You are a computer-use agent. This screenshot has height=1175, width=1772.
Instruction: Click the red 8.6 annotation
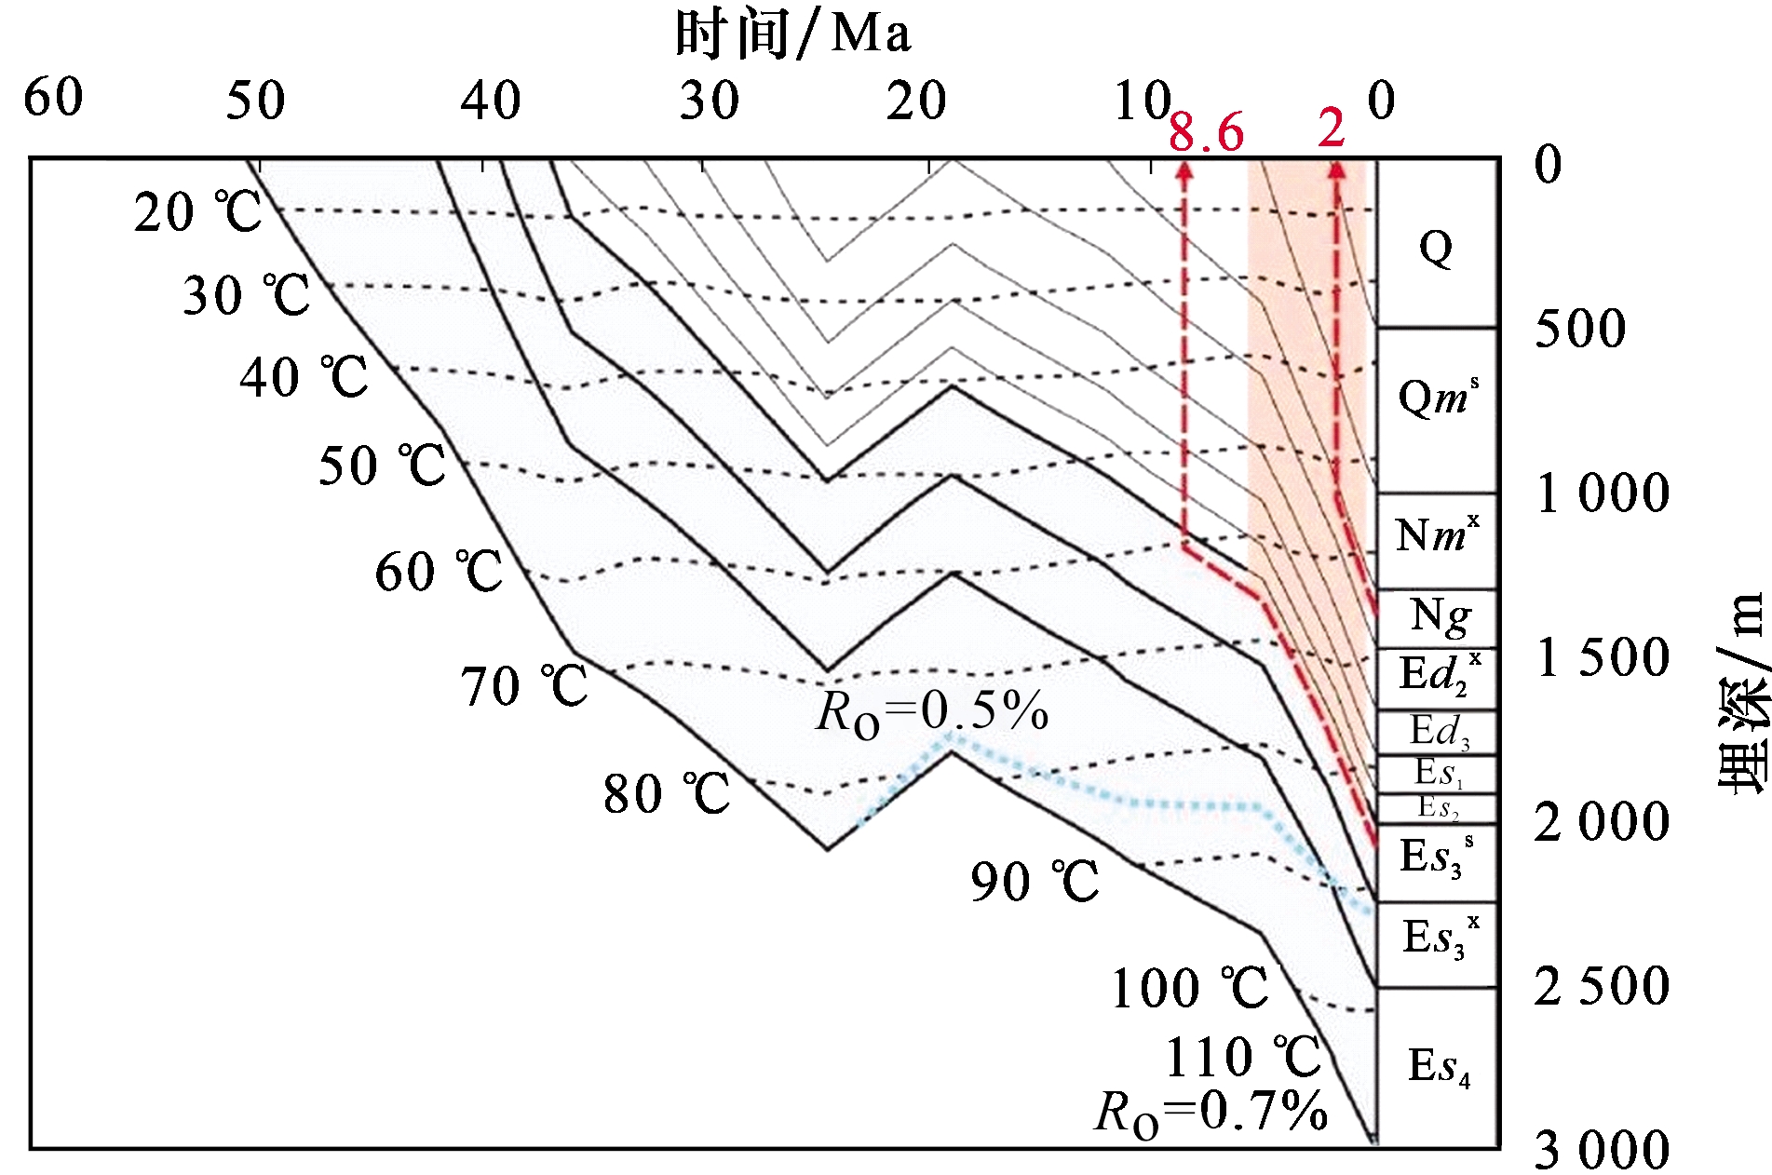click(x=1206, y=132)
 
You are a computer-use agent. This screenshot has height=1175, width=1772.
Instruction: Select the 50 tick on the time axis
click(x=255, y=101)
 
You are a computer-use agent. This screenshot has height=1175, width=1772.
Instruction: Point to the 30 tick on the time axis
click(x=709, y=101)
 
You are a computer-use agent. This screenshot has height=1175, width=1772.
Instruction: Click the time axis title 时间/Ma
click(x=792, y=35)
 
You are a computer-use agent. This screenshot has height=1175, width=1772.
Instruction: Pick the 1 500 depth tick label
click(x=1602, y=657)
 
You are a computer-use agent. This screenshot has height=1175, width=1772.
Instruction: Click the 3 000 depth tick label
click(x=1602, y=1150)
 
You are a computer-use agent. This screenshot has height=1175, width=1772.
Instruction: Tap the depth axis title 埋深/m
click(x=1741, y=694)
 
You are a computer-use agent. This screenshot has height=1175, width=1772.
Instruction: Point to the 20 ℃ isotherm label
click(x=197, y=213)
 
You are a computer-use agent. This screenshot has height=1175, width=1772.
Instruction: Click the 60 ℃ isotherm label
click(x=439, y=572)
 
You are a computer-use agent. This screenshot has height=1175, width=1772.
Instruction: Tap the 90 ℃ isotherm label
click(x=1035, y=881)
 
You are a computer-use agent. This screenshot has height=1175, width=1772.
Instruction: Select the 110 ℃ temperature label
click(x=1243, y=1057)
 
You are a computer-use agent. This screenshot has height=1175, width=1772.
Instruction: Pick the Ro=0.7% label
click(x=1211, y=1112)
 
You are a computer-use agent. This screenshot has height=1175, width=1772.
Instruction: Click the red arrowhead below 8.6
click(x=1184, y=170)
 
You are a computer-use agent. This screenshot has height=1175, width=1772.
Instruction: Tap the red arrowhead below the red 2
click(x=1336, y=169)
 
